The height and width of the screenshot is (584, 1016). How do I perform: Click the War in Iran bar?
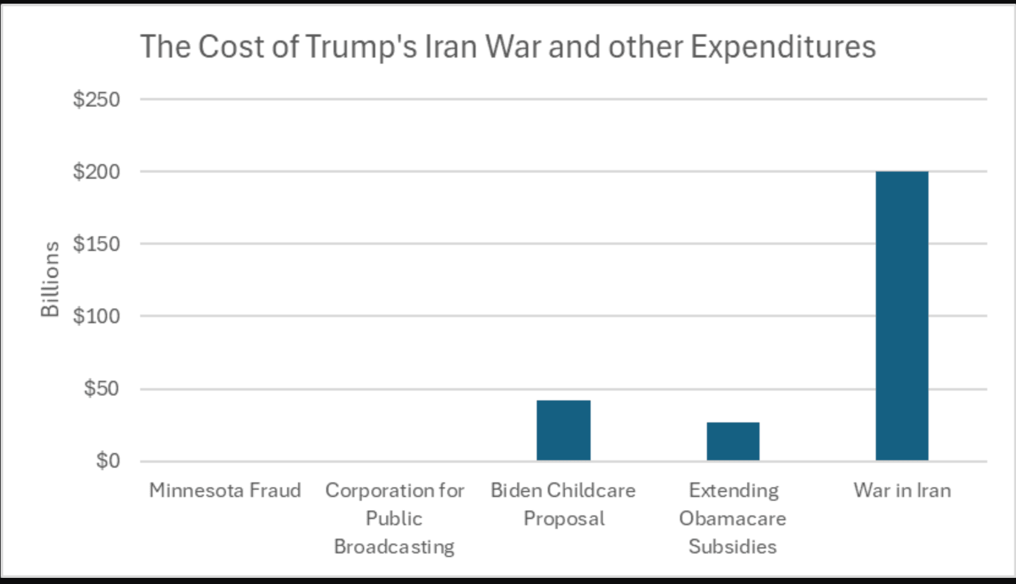point(902,315)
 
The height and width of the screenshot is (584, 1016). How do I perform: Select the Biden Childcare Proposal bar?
point(563,430)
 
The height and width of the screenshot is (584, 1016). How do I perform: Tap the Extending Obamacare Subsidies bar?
point(733,441)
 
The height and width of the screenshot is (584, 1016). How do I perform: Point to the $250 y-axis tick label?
point(96,99)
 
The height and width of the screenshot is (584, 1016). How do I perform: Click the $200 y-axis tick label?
point(96,171)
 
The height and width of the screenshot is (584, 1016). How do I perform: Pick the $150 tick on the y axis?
point(96,244)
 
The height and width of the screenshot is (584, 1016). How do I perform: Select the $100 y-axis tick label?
point(96,316)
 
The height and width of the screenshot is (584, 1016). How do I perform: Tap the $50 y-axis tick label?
point(102,388)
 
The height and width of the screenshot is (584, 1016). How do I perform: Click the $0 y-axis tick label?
point(108,460)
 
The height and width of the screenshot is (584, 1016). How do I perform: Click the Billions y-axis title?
point(50,279)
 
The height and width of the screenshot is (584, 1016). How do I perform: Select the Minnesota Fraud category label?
point(225,490)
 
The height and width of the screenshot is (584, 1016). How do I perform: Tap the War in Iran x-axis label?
point(902,490)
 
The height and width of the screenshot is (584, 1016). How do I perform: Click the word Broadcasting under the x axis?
point(394,547)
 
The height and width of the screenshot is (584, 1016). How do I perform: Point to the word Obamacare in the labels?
point(732,518)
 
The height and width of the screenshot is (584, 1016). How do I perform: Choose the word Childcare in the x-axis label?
point(591,490)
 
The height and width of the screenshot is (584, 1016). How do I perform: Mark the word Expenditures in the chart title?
point(783,47)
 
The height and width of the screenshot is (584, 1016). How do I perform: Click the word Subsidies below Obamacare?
point(732,547)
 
